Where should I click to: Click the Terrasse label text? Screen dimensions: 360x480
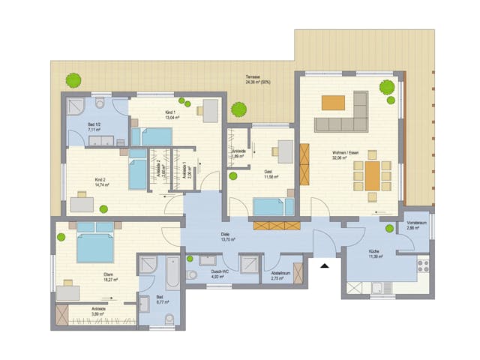click(253, 79)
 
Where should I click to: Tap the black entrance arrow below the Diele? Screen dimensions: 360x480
click(325, 264)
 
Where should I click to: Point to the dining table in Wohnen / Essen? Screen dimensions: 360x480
click(373, 176)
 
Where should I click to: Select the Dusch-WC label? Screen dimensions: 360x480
click(219, 274)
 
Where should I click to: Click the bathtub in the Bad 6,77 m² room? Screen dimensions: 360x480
click(173, 274)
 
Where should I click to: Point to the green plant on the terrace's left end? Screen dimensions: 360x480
click(73, 79)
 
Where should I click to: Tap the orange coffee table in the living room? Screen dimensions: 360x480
click(333, 103)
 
